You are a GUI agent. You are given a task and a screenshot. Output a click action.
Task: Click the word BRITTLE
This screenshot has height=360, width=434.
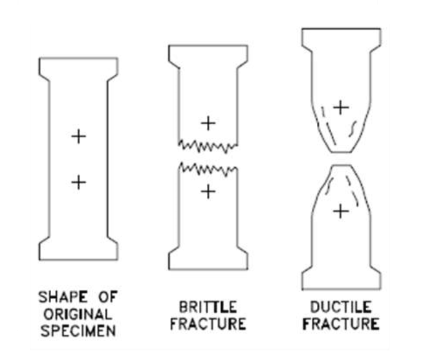click(x=207, y=306)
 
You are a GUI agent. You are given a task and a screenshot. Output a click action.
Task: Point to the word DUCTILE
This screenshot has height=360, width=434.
click(x=340, y=306)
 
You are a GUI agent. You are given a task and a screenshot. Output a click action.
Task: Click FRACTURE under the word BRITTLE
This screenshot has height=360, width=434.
click(x=207, y=322)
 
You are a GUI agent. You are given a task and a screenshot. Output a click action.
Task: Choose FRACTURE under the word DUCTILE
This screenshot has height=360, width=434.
click(x=340, y=322)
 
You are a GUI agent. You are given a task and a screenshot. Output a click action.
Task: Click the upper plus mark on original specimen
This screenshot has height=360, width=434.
click(x=78, y=136)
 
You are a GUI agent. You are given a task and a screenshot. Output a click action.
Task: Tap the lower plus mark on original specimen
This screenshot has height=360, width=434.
click(x=78, y=182)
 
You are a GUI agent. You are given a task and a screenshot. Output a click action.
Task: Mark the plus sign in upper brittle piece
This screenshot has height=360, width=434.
click(x=208, y=122)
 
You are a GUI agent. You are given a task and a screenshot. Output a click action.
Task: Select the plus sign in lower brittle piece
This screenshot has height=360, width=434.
click(x=208, y=192)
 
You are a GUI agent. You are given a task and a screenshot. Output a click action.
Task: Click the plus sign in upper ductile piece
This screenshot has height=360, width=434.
click(x=340, y=106)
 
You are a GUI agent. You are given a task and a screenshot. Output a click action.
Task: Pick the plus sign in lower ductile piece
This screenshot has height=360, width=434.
click(x=340, y=212)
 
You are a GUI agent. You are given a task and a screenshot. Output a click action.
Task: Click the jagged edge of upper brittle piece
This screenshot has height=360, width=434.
click(x=208, y=145)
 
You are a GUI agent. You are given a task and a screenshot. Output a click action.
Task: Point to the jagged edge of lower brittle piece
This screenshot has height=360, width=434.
click(x=208, y=169)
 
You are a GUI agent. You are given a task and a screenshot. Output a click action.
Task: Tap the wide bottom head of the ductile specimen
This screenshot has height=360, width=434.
click(x=340, y=277)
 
